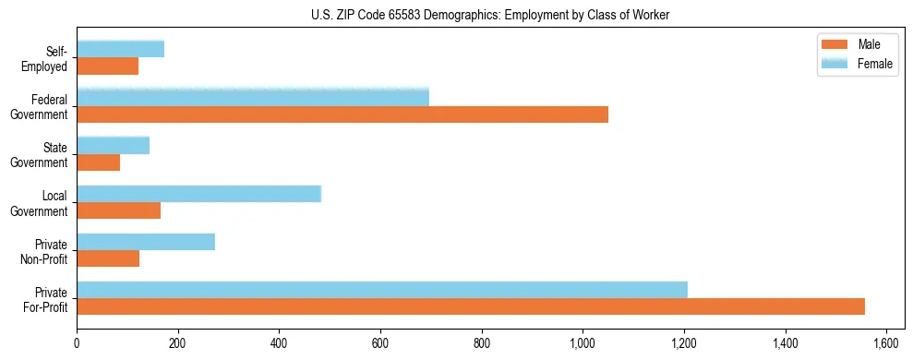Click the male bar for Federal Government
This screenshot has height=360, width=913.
(342, 114)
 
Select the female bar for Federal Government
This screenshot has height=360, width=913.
(253, 97)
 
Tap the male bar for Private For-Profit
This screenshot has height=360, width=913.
(471, 306)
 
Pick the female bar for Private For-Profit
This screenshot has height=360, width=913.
(382, 290)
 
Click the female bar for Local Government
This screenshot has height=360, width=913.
(198, 194)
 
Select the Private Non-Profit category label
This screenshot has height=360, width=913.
(48, 251)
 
